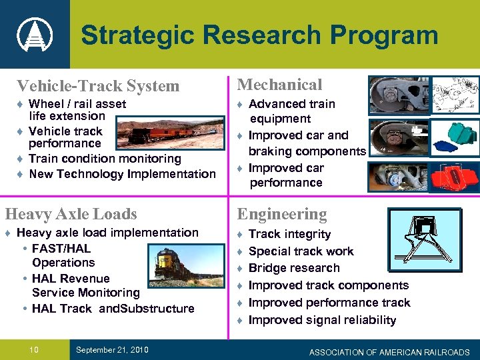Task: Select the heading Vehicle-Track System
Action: pos(98,86)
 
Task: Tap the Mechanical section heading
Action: pos(279,85)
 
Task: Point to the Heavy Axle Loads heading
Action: pos(71,214)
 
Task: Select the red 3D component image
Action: pos(455,177)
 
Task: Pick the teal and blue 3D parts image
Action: pos(454,136)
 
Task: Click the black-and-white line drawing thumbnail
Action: pos(454,95)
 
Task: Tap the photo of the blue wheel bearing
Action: pos(397,177)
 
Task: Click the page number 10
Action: pos(34,350)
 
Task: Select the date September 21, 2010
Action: pos(111,351)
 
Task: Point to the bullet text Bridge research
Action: pos(294,268)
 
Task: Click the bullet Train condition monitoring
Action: pos(105,159)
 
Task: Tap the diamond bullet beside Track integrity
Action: pos(241,234)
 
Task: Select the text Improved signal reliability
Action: pos(322,320)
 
